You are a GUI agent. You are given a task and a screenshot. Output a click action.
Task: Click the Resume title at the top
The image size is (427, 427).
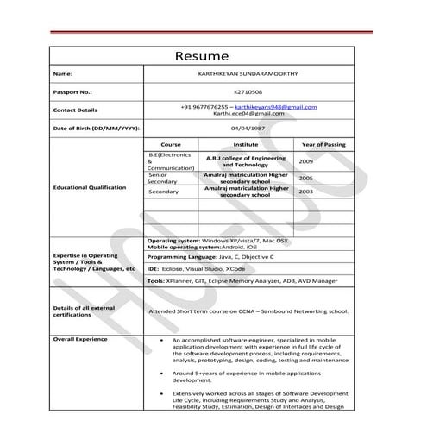(x=202, y=56)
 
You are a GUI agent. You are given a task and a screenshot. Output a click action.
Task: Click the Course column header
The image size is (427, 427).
(x=171, y=144)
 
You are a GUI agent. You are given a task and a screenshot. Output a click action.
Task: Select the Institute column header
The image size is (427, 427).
(x=246, y=144)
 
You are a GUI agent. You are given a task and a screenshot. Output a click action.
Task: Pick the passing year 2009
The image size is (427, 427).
(x=306, y=162)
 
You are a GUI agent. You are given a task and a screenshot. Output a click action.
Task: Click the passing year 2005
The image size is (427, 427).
(x=306, y=178)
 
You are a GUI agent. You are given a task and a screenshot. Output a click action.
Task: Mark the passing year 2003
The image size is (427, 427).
(x=306, y=192)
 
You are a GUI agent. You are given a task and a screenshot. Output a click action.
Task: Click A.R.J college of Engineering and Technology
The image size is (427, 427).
(x=246, y=162)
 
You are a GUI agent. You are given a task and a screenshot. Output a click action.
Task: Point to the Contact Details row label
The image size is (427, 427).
(x=76, y=110)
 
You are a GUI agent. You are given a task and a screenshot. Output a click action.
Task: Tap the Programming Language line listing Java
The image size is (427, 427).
(x=210, y=257)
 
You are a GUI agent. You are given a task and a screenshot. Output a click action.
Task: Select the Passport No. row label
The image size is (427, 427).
(x=72, y=91)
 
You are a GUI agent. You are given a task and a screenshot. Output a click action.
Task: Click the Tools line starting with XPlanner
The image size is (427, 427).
(x=242, y=281)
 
